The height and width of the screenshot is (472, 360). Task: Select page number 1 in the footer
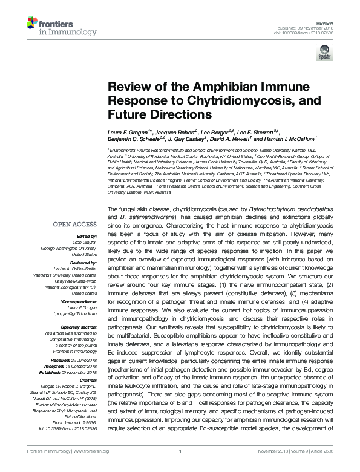coord(180,467)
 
